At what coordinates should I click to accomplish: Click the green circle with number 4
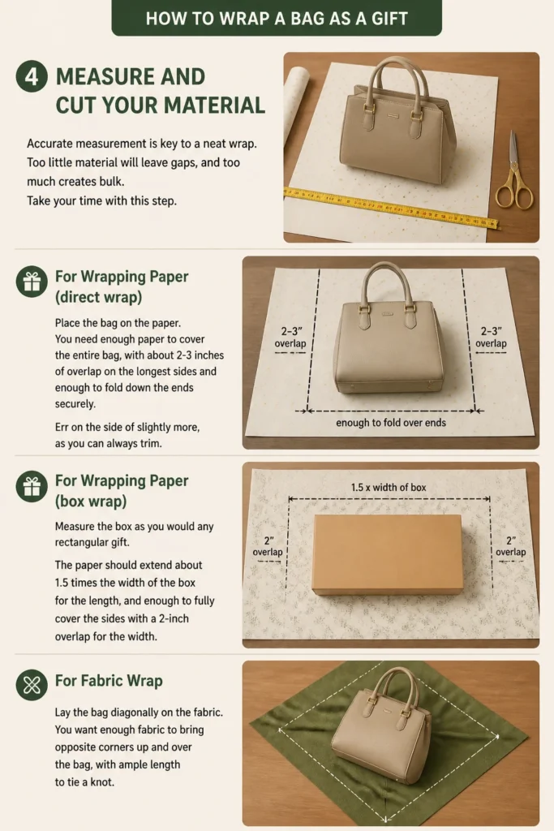tap(32, 76)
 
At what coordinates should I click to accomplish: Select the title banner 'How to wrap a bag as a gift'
tap(277, 18)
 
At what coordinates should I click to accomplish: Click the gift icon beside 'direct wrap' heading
tap(32, 282)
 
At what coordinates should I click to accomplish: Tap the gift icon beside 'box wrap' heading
tap(32, 486)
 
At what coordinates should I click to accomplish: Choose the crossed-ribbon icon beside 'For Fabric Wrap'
tap(32, 685)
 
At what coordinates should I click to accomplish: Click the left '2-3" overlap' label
tap(290, 337)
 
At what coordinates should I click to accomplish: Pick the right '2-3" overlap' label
tap(491, 337)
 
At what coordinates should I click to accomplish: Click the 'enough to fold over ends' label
tap(391, 422)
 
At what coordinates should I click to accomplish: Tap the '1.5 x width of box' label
tap(389, 487)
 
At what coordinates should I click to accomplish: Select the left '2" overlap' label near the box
tap(268, 546)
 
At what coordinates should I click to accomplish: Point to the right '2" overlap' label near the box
tap(510, 546)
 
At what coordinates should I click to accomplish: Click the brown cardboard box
tap(387, 553)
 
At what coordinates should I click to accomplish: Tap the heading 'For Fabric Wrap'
tap(109, 681)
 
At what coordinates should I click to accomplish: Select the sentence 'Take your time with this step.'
tap(101, 201)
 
